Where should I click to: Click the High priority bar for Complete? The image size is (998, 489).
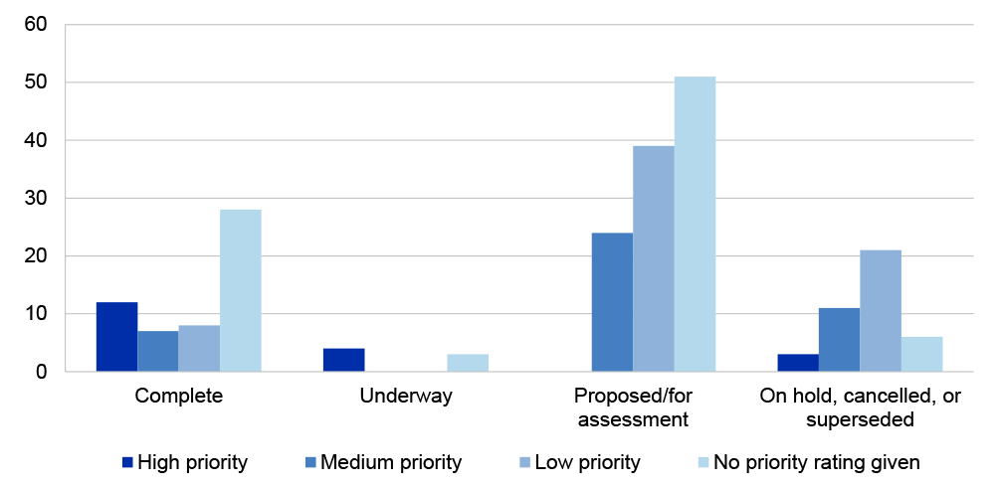(116, 337)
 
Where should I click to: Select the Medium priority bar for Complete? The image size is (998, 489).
(158, 352)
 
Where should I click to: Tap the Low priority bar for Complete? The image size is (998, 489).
(199, 349)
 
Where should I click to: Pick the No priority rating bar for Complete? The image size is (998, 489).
(240, 290)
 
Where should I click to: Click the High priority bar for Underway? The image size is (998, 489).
(344, 360)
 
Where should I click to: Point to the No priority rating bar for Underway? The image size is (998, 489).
(468, 363)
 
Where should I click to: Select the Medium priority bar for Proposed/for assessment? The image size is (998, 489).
(612, 302)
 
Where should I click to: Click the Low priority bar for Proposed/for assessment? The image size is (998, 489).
(654, 258)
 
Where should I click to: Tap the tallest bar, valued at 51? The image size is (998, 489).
(695, 224)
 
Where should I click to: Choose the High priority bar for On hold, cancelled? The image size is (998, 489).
(798, 363)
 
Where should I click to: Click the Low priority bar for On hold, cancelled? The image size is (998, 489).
(881, 311)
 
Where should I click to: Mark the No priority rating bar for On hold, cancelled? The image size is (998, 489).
(921, 354)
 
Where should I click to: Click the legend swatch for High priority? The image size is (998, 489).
(127, 462)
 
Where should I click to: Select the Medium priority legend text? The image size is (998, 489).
(391, 462)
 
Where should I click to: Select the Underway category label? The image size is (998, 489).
(406, 397)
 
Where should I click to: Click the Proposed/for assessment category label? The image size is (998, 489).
(632, 407)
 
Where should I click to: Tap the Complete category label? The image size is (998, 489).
(178, 397)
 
